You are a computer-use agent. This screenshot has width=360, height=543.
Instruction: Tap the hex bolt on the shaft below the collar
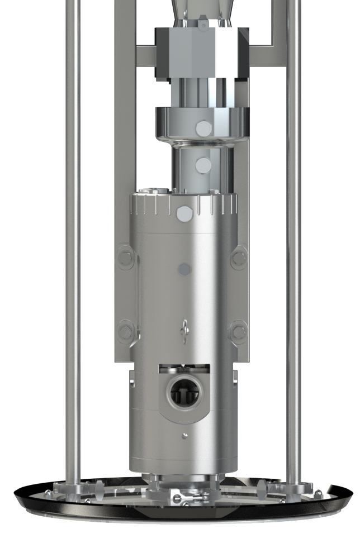pos(203,165)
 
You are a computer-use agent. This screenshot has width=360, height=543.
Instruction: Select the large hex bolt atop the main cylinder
pos(183,213)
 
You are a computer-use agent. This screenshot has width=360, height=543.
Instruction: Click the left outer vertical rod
pos(72,223)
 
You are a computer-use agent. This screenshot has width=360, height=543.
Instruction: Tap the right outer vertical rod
pos(293,223)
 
